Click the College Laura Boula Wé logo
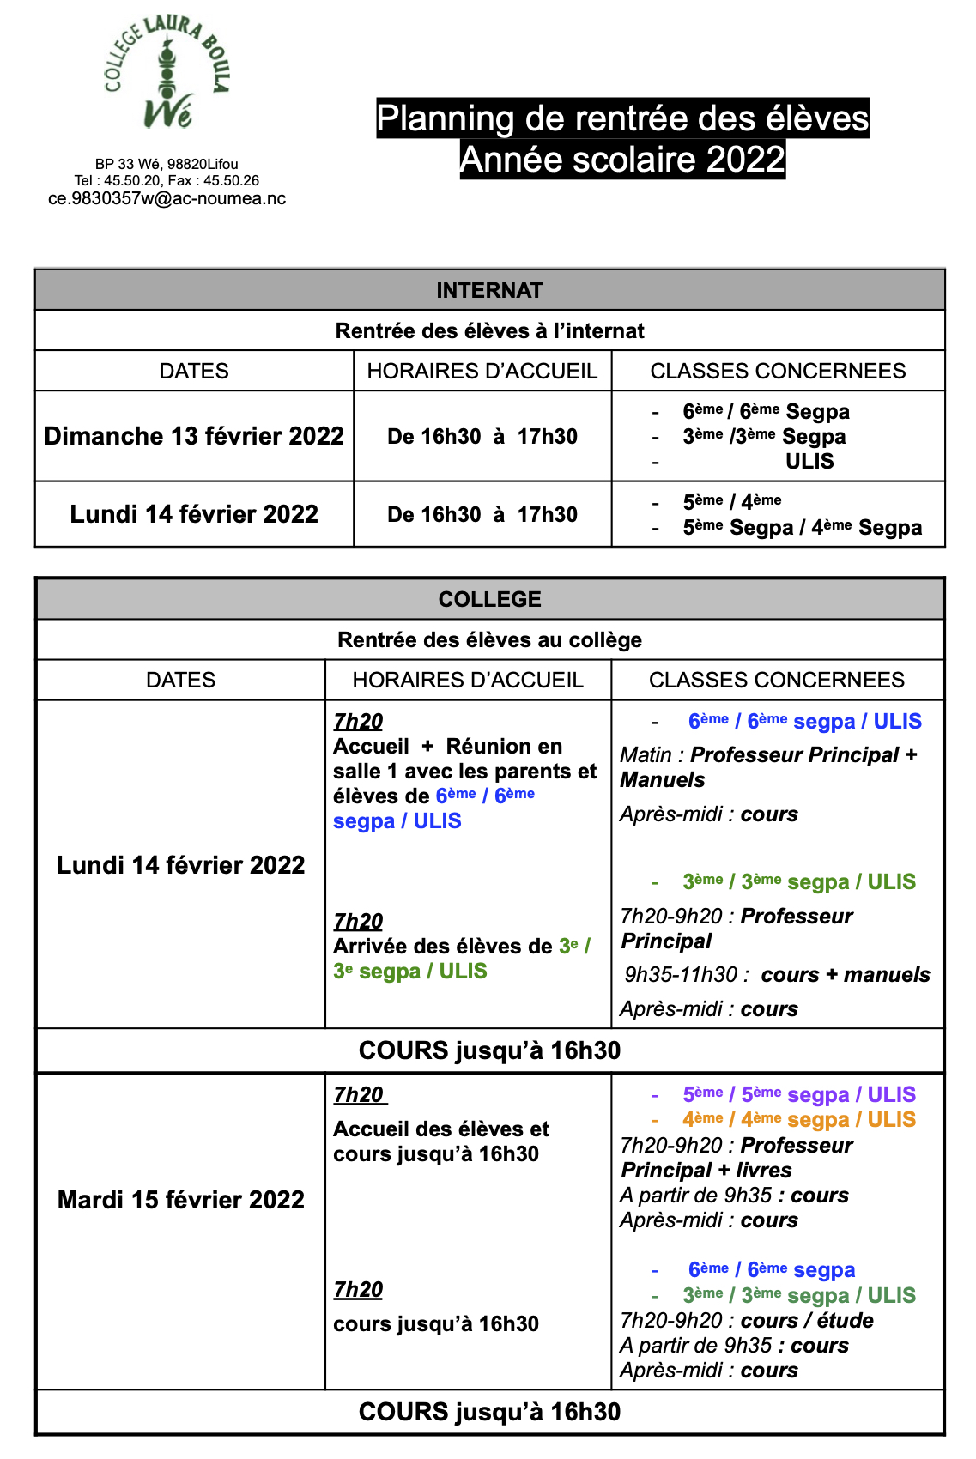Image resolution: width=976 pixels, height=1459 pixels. click(x=167, y=74)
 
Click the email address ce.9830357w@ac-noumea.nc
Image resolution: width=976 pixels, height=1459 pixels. click(x=167, y=198)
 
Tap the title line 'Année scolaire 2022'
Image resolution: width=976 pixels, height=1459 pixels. click(x=622, y=160)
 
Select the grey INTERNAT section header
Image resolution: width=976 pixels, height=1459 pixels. click(x=489, y=290)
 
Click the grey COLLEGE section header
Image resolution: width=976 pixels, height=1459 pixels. click(x=489, y=599)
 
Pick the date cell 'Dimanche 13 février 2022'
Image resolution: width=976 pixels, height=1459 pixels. click(x=194, y=436)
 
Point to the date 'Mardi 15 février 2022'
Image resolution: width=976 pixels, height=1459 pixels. click(x=181, y=1199)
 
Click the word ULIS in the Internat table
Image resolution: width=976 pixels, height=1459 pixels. click(x=809, y=462)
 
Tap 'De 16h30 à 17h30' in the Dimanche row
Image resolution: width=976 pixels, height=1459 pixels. click(x=482, y=436)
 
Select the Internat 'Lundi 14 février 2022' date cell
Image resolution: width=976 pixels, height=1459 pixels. click(x=194, y=514)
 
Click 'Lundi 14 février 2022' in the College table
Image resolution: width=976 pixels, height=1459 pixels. click(x=181, y=864)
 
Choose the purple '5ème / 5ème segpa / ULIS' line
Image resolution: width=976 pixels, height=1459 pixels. click(x=798, y=1094)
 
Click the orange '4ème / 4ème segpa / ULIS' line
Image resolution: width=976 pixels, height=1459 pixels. click(x=798, y=1120)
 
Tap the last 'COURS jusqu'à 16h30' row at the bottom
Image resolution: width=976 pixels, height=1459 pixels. click(x=489, y=1412)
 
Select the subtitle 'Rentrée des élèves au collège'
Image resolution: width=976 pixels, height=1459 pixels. click(x=489, y=639)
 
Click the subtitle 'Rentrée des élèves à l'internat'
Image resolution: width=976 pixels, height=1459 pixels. click(x=489, y=330)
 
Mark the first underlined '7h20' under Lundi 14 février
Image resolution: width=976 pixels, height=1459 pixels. click(x=358, y=722)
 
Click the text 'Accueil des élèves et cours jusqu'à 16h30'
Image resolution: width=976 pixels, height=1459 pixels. click(x=440, y=1141)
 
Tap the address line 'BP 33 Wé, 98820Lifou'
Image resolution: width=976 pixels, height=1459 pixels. click(x=167, y=164)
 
